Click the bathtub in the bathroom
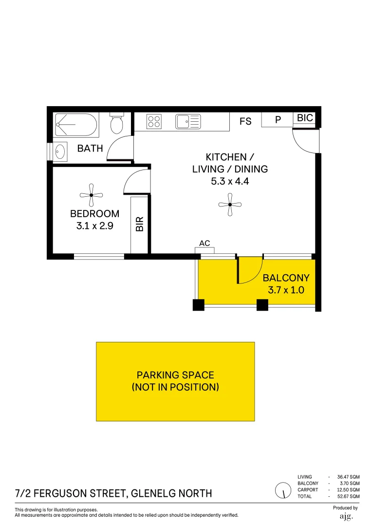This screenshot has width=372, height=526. pyautogui.click(x=76, y=125)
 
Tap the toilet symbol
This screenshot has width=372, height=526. pyautogui.click(x=116, y=124)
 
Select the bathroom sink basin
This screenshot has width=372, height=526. pyautogui.click(x=60, y=151)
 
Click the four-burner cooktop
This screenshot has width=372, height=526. pyautogui.click(x=154, y=121)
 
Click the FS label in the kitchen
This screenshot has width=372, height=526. pyautogui.click(x=245, y=121)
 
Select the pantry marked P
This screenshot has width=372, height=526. pyautogui.click(x=278, y=120)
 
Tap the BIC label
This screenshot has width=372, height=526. pyautogui.click(x=305, y=118)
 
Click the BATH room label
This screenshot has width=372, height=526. pyautogui.click(x=90, y=149)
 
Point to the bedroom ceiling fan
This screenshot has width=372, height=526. pyautogui.click(x=91, y=195)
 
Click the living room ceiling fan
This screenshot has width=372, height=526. pyautogui.click(x=230, y=205)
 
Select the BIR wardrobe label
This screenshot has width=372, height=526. pyautogui.click(x=140, y=224)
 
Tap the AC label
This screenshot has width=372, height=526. pyautogui.click(x=205, y=243)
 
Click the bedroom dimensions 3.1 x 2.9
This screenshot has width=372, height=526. pyautogui.click(x=95, y=225)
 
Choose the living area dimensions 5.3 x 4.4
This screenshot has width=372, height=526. pyautogui.click(x=230, y=182)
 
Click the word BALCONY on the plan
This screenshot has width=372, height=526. pyautogui.click(x=286, y=278)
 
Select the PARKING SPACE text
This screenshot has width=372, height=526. pyautogui.click(x=175, y=375)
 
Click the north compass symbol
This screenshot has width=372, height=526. pyautogui.click(x=281, y=490)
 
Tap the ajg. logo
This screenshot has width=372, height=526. pyautogui.click(x=346, y=516)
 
